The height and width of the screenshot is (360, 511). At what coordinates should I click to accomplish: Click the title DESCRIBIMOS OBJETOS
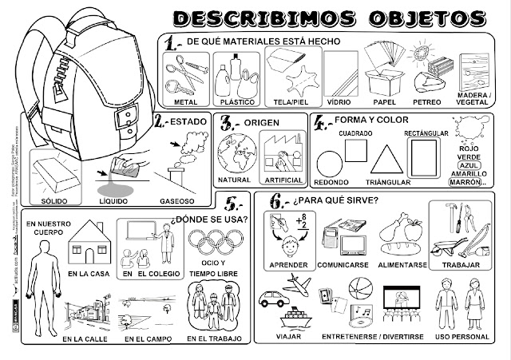tap(329, 17)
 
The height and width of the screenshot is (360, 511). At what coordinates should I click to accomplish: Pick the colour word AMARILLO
tap(468, 173)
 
